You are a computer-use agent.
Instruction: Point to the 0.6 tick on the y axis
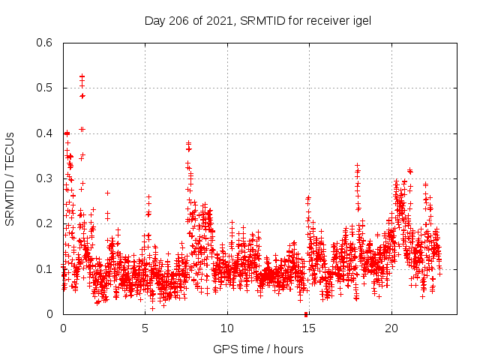click(x=44, y=43)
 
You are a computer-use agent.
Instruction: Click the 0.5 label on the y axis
click(x=44, y=88)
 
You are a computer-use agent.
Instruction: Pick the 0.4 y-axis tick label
click(x=44, y=133)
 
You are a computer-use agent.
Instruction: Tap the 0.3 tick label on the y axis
click(x=44, y=178)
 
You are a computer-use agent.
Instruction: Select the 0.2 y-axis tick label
click(x=44, y=223)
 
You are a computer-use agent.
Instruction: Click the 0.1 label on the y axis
click(x=44, y=268)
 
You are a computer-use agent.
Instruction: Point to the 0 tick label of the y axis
click(x=49, y=313)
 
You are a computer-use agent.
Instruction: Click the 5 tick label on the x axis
click(x=145, y=328)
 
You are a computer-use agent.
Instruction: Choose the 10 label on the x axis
click(x=227, y=328)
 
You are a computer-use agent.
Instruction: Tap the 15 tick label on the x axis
click(x=309, y=328)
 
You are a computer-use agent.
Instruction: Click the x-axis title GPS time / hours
click(x=258, y=349)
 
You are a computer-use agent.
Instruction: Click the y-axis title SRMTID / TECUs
click(x=10, y=178)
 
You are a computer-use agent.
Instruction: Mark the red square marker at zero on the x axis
click(x=306, y=314)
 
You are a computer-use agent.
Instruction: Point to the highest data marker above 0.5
click(x=82, y=76)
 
